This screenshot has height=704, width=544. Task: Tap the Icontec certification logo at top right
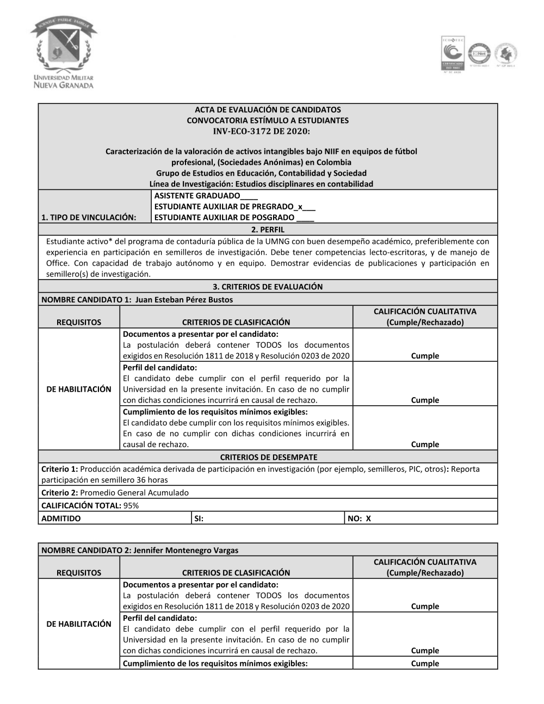click(452, 54)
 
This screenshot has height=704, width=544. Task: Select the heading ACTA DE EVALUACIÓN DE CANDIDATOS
click(268, 109)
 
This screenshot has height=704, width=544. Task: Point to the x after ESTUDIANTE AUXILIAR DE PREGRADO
click(299, 207)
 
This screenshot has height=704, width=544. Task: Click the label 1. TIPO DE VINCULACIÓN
click(89, 218)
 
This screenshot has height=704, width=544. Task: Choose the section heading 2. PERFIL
click(268, 230)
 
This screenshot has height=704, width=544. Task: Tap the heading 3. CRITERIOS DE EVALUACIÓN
click(268, 287)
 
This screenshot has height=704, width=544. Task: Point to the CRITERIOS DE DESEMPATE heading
click(268, 457)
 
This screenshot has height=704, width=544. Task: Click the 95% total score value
click(131, 505)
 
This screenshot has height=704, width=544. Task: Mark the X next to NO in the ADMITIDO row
click(368, 518)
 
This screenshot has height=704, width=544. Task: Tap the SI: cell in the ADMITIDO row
click(199, 518)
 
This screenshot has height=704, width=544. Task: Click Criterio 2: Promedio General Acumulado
click(115, 493)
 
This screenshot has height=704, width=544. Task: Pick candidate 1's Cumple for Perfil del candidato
click(425, 400)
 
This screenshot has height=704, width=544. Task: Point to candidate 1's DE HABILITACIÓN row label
click(79, 389)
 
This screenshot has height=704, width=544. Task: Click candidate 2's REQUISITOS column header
click(79, 573)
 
